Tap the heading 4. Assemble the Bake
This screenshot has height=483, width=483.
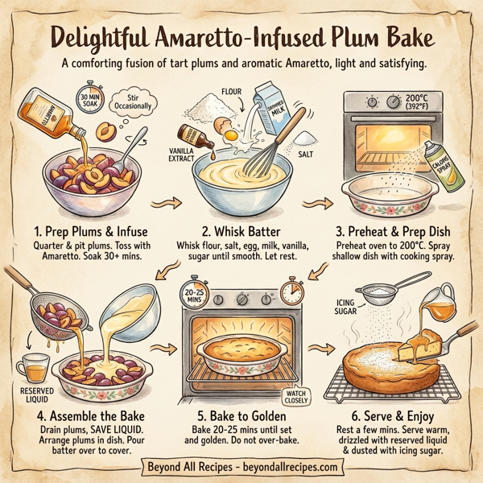(80, 417)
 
